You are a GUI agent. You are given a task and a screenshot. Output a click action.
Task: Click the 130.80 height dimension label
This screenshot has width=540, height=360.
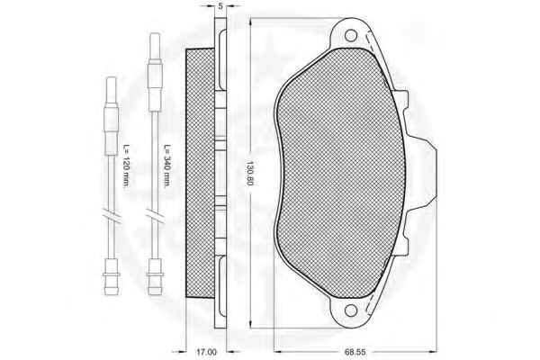pyautogui.click(x=249, y=173)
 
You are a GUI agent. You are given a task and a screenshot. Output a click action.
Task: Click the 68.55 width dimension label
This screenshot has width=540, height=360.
pyautogui.click(x=355, y=352)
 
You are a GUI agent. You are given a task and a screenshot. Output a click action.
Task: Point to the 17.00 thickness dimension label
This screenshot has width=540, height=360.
pyautogui.click(x=206, y=352)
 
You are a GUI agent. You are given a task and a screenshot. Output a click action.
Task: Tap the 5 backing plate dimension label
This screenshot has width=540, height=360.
pyautogui.click(x=220, y=6)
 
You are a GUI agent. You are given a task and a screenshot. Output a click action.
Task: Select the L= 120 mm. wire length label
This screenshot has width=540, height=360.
pyautogui.click(x=126, y=166)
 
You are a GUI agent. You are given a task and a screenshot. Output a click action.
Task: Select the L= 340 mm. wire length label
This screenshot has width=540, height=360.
pyautogui.click(x=166, y=166)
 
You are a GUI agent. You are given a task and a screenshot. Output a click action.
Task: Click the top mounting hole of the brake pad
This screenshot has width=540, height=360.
pyautogui.click(x=351, y=35)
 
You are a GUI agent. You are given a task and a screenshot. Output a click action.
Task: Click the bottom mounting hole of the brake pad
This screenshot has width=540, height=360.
pyautogui.click(x=351, y=310)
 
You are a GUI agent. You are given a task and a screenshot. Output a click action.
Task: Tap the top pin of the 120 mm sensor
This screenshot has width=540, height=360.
pyautogui.click(x=112, y=90)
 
